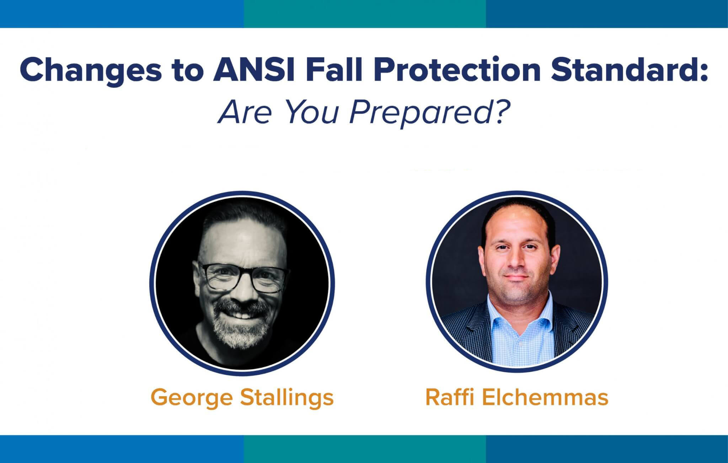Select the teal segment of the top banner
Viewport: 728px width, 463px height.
[365, 14]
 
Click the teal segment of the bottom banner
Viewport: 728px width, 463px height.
[365, 449]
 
